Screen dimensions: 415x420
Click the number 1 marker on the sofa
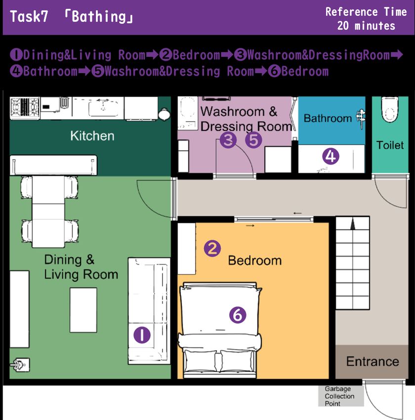tap(142, 335)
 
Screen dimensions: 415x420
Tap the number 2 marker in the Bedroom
tap(212, 249)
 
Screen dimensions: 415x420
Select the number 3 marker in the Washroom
tap(228, 140)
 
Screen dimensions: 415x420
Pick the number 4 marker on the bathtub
tap(331, 157)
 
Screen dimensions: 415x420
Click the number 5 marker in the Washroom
tap(253, 140)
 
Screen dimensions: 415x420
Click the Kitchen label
tap(92, 136)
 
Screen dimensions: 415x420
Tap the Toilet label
tap(390, 145)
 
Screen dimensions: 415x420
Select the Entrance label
tap(373, 361)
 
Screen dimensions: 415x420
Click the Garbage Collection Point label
tap(339, 396)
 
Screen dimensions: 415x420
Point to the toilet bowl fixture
tap(390, 110)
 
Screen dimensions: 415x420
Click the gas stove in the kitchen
tap(25, 108)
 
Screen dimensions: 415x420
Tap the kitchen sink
tap(103, 108)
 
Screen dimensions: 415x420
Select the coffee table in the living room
tap(83, 310)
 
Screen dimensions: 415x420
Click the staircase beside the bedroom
tap(353, 263)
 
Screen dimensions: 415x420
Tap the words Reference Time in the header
tap(366, 12)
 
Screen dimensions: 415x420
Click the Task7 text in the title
tap(29, 17)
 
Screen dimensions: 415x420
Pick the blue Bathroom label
tap(328, 118)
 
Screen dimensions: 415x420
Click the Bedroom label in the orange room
tap(254, 260)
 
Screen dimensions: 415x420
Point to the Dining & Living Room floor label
tap(81, 267)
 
